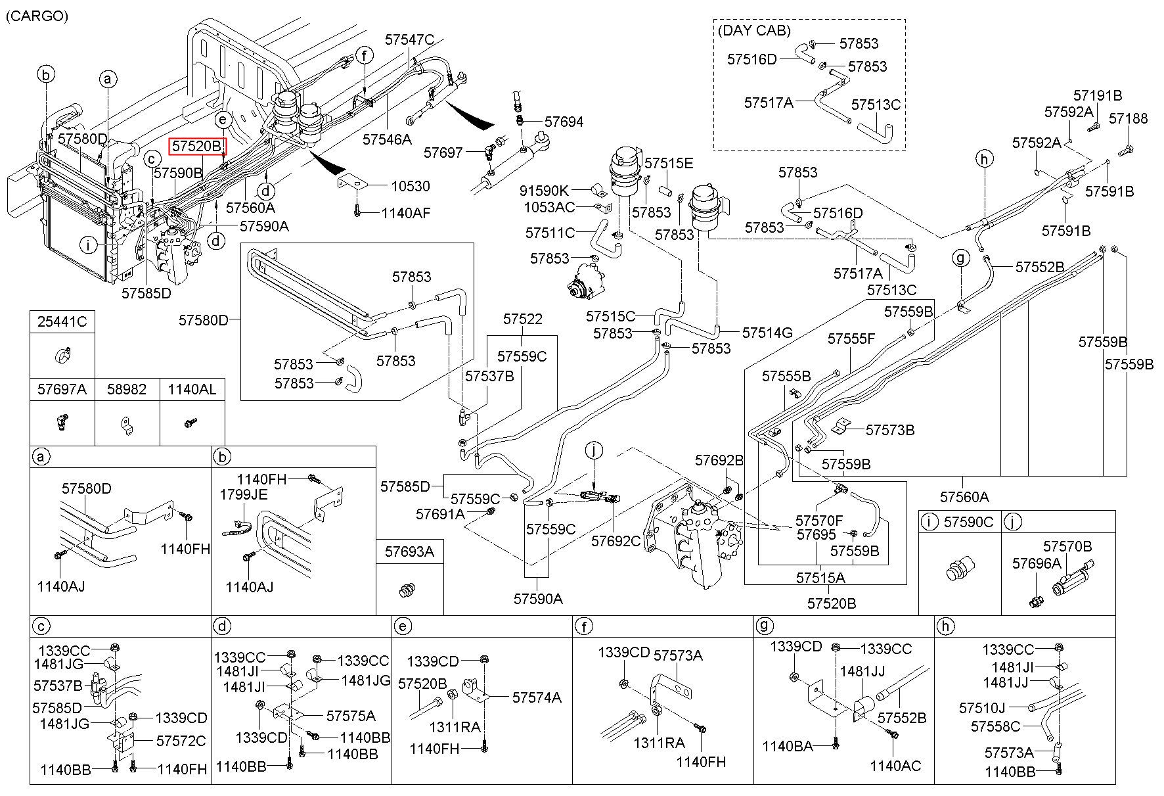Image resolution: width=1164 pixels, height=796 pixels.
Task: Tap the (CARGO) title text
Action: pos(37,16)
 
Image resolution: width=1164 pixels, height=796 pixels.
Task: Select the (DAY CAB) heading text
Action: pos(754,30)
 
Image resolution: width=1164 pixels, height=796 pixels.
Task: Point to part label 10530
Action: pos(411,186)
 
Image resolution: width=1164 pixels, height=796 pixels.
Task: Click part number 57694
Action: pos(564,122)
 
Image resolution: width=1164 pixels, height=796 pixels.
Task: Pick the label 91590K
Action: pos(544,191)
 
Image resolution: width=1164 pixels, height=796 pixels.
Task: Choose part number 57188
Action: pos(1129,118)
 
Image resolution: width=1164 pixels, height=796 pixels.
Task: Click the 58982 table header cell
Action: pos(127,389)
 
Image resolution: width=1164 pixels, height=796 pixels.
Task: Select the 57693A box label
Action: pos(409,552)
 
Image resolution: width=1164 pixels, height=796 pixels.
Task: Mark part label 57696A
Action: pos(1037,563)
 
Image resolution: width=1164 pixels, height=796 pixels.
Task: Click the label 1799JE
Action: pos(243,494)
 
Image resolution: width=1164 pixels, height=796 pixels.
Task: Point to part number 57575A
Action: pos(351,715)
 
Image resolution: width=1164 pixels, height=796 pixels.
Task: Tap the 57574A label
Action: pos(537,697)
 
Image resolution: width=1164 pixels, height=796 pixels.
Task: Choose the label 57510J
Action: pos(983,708)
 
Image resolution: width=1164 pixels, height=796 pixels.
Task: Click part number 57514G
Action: pos(767,333)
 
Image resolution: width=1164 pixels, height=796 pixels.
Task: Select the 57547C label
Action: pos(410,39)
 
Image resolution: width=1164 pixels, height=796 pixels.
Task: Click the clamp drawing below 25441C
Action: pos(62,356)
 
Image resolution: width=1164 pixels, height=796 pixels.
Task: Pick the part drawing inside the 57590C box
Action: pos(959,569)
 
